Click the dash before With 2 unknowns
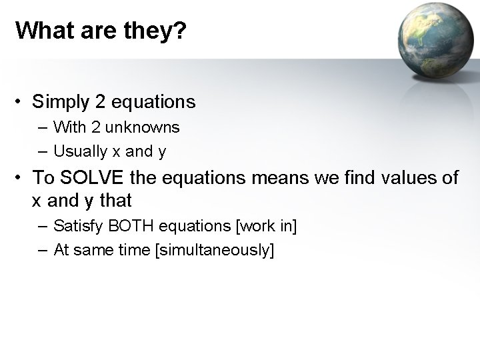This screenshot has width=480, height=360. click(x=43, y=127)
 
